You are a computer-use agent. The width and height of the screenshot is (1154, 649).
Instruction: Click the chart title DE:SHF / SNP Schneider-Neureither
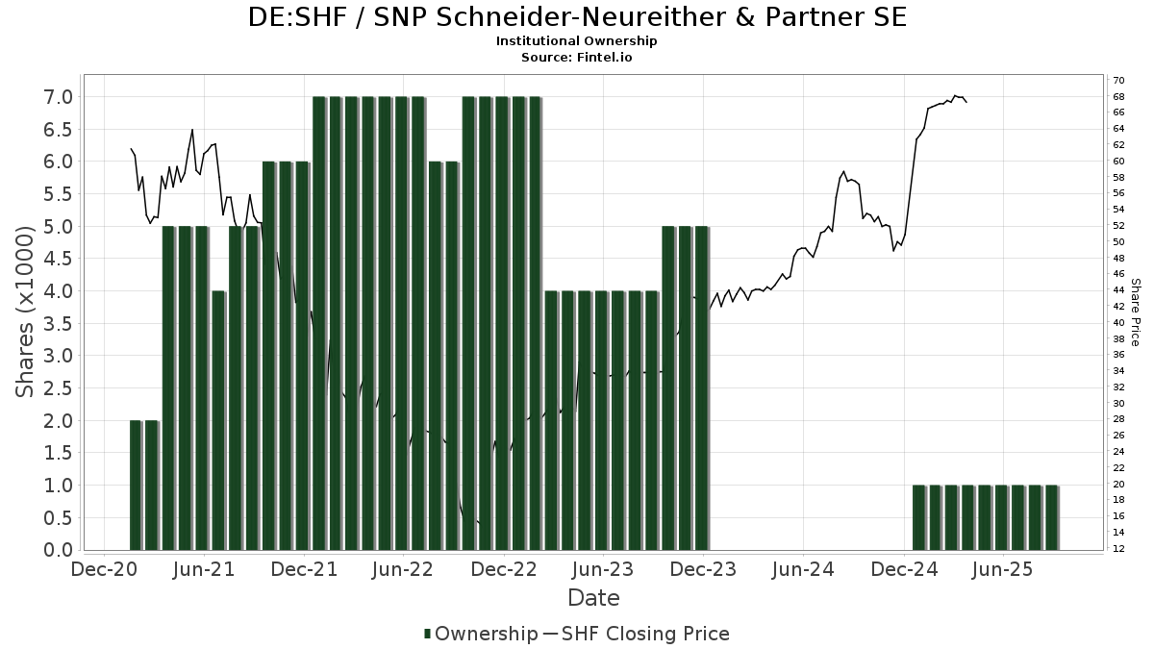(x=577, y=17)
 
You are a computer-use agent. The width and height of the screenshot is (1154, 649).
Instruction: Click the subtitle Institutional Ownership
(x=577, y=41)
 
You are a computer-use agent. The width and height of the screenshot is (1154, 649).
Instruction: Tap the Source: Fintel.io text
(x=577, y=57)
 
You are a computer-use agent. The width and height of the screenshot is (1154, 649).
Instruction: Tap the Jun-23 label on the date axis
(x=603, y=569)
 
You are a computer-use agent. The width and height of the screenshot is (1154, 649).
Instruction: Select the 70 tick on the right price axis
(x=1118, y=80)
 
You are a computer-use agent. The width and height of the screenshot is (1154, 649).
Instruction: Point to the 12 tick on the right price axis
(x=1118, y=549)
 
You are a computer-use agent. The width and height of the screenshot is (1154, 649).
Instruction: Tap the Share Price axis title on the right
(x=1136, y=312)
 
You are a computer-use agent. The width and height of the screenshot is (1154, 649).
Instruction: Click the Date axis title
(x=593, y=598)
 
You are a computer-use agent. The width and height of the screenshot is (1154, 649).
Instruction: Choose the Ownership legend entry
(x=481, y=634)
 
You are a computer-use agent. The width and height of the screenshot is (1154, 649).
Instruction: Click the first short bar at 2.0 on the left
(x=136, y=486)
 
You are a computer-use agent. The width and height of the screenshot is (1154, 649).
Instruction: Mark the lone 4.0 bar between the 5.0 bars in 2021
(x=218, y=420)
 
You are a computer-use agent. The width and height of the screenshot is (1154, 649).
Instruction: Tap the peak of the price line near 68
(x=955, y=95)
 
